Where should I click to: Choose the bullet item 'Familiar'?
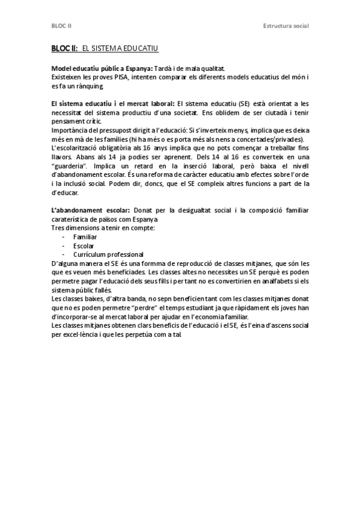85,237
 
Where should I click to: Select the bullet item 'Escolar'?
83,245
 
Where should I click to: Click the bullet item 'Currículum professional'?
108,254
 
